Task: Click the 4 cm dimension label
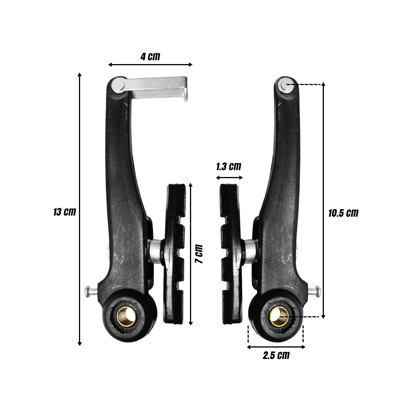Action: (150, 57)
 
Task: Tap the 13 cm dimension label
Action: (64, 212)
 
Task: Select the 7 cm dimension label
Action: (198, 254)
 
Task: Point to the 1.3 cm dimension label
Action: (229, 167)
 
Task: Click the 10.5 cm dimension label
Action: (343, 213)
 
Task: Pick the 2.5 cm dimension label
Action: (276, 356)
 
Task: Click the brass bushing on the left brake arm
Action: (126, 316)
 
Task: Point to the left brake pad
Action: (175, 254)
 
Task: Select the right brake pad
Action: (231, 254)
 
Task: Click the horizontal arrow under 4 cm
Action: (150, 65)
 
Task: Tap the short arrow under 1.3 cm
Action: (229, 177)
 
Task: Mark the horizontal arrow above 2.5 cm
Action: (276, 347)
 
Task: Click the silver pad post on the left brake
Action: (156, 251)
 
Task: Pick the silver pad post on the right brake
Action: (250, 251)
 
